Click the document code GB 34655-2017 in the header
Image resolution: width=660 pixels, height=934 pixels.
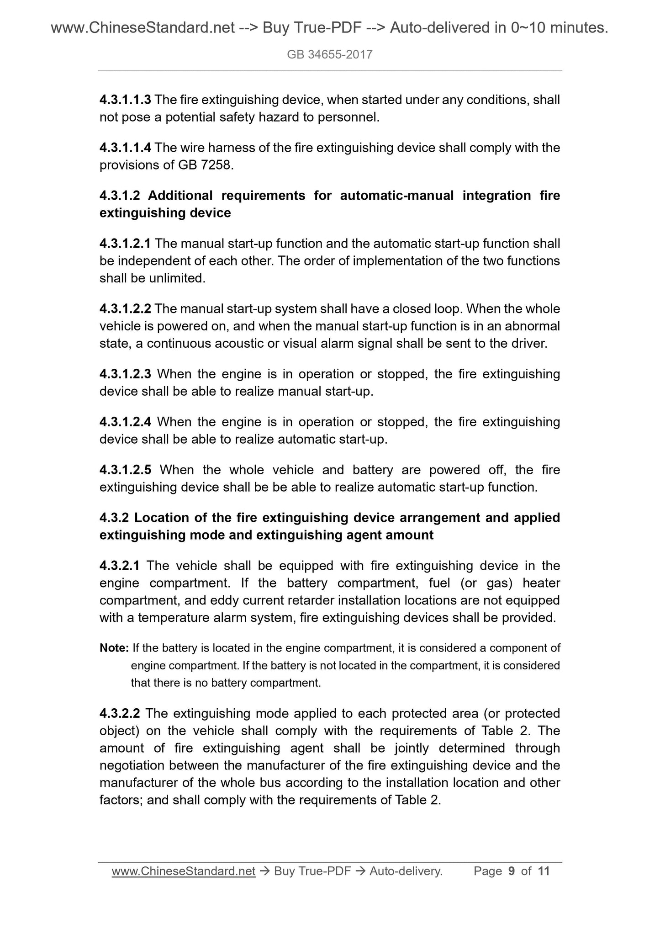[x=329, y=55]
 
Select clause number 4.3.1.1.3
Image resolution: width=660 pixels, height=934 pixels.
[x=125, y=100]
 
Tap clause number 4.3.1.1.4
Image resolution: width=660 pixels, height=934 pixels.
[x=125, y=148]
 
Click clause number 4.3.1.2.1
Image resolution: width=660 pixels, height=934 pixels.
[x=125, y=244]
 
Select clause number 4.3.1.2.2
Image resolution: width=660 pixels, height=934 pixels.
[x=125, y=309]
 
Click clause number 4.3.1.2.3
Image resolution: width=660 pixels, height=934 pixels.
[x=125, y=374]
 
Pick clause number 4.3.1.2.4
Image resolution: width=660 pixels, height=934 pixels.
[x=125, y=422]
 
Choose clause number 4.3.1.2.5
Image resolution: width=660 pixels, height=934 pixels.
[x=125, y=470]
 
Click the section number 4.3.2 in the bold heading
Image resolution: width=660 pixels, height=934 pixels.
[x=115, y=518]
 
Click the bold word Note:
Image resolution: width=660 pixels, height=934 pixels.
[x=114, y=648]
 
